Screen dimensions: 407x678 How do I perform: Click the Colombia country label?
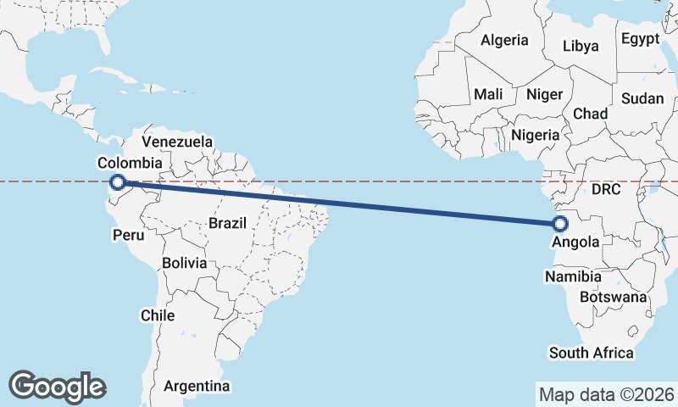(130, 163)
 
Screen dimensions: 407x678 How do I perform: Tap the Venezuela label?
(177, 142)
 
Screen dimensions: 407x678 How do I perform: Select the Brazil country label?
(226, 224)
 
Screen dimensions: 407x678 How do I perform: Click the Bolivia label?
(184, 263)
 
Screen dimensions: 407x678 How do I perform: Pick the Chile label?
(158, 315)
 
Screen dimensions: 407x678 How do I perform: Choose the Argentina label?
(197, 387)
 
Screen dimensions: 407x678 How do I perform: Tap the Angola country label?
(575, 242)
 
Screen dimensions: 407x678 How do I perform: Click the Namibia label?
(574, 276)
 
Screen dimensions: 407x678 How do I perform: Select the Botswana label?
(613, 297)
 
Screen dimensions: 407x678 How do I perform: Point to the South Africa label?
(591, 353)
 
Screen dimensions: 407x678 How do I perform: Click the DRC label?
(607, 188)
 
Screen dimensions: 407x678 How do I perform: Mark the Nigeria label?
(535, 135)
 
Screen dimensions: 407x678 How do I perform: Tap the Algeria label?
(504, 40)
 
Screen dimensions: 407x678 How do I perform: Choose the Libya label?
(581, 46)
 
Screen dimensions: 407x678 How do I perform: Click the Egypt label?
(640, 39)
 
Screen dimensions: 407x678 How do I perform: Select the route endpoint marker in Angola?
(559, 224)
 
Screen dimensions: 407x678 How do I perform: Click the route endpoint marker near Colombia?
(118, 181)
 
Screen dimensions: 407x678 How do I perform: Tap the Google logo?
(57, 387)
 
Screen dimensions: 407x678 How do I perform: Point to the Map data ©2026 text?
(607, 394)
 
